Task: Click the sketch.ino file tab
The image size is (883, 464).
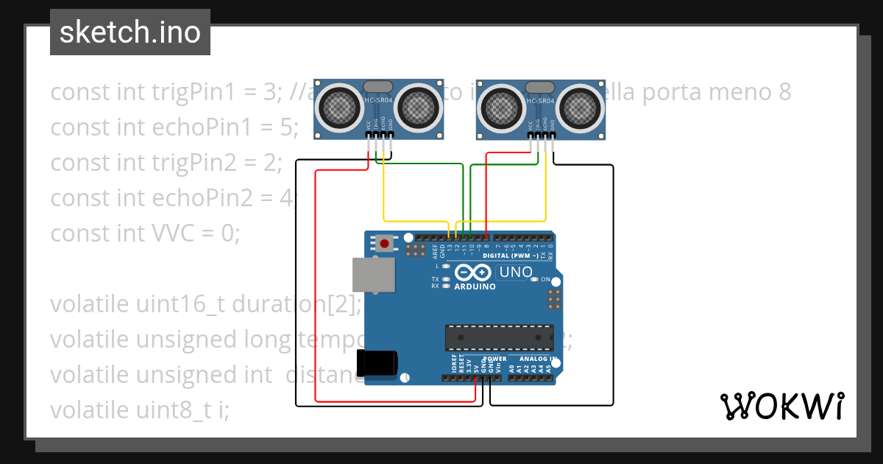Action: tap(130, 32)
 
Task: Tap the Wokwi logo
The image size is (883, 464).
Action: tap(781, 406)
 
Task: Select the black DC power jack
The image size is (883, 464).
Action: tap(376, 363)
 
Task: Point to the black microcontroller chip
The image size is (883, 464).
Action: tap(499, 337)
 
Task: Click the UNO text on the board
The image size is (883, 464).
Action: tap(515, 272)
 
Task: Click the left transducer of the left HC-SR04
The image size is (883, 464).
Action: tap(339, 108)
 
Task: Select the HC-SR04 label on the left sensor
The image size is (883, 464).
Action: tap(379, 100)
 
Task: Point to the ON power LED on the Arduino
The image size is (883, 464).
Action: tap(545, 280)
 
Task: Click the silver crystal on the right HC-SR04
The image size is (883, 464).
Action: tap(541, 87)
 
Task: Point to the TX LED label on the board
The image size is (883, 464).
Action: tap(435, 280)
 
